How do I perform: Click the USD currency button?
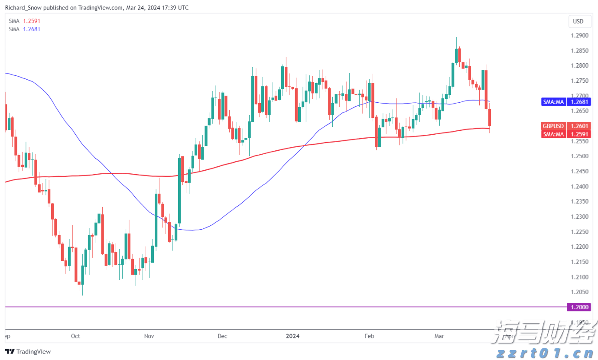point(578,21)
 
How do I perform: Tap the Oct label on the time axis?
point(75,336)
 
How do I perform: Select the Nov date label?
point(149,336)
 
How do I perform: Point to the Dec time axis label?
point(222,336)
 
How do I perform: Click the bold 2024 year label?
point(293,336)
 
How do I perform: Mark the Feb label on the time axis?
point(369,336)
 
